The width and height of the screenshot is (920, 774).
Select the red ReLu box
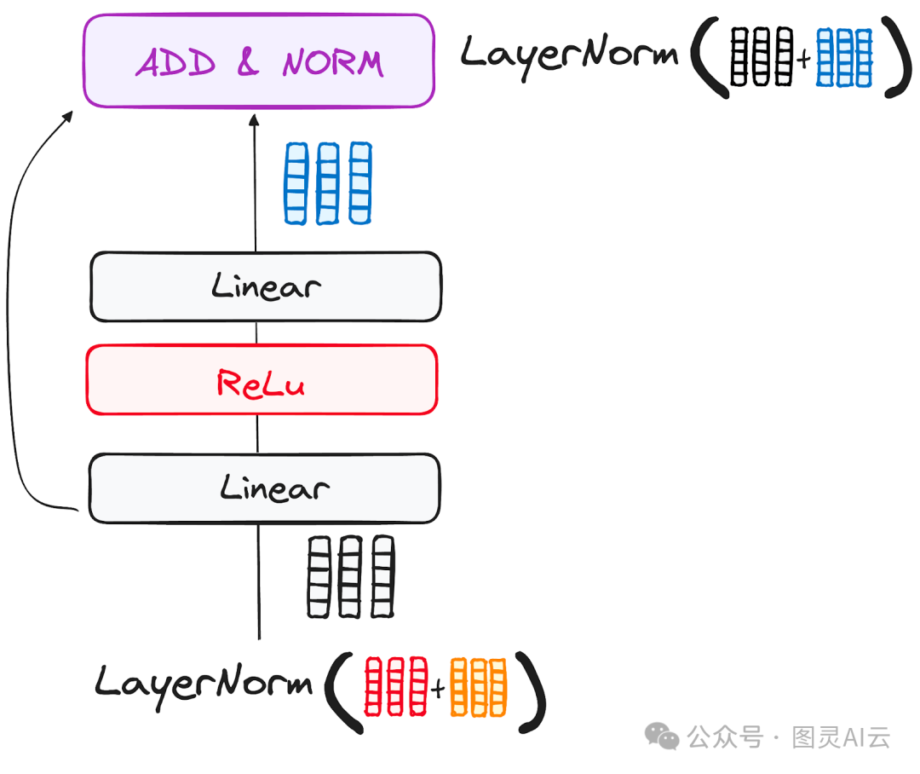(262, 380)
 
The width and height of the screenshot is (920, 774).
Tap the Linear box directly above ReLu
(266, 286)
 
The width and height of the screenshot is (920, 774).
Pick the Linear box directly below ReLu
(264, 488)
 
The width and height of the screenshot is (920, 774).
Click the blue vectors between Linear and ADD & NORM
(328, 183)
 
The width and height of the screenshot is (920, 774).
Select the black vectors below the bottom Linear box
(350, 576)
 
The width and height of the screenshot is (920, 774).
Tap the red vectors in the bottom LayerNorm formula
(395, 686)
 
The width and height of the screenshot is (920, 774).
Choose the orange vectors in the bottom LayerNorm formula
(478, 686)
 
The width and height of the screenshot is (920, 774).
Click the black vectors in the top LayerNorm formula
(762, 57)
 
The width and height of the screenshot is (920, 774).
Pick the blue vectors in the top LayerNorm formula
(844, 57)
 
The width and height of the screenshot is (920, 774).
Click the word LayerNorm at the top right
(569, 54)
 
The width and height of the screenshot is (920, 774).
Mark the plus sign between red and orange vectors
(438, 690)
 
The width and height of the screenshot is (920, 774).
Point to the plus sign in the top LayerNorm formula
(803, 61)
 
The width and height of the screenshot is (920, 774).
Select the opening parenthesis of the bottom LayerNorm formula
(338, 690)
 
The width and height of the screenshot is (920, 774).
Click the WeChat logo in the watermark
(662, 736)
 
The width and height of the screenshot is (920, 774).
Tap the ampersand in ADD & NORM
(247, 63)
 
